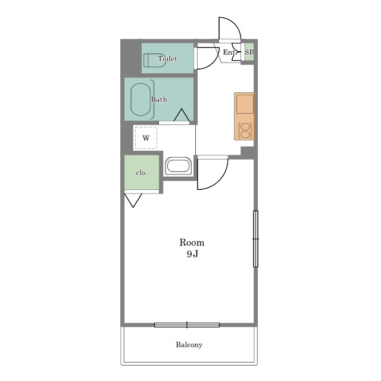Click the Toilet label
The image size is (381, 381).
167,58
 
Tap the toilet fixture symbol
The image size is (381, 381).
155,60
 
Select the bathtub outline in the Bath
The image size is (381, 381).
140,99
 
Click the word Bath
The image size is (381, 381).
159,99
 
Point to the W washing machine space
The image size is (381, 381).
146,138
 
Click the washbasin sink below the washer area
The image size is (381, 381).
179,166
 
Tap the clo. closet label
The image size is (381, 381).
142,173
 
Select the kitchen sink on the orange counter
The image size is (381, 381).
245,104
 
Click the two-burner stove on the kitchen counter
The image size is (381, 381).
245,131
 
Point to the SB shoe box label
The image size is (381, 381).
249,52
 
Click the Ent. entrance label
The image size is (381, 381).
229,52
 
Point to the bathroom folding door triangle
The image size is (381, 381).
182,115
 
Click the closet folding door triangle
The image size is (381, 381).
133,200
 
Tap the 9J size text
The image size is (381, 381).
192,254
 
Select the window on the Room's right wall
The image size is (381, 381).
255,239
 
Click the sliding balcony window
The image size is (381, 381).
187,325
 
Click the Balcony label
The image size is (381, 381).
189,345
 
